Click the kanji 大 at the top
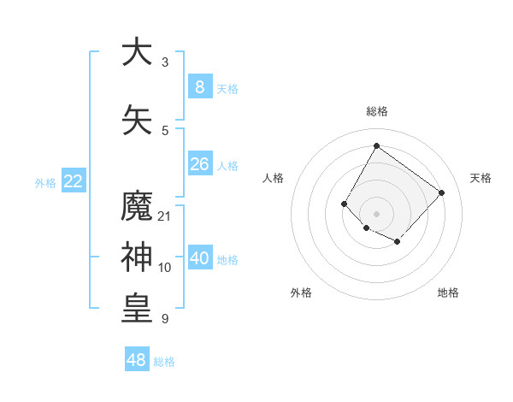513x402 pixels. pos(137,53)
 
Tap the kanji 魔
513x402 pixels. pos(137,208)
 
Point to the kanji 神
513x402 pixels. pos(137,257)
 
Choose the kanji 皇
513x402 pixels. pos(137,310)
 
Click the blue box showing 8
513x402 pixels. pos(200,87)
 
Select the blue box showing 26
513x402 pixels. pos(200,164)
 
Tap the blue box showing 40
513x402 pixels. pos(200,258)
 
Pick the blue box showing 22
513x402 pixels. pos(74,181)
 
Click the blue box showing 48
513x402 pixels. pos(137,360)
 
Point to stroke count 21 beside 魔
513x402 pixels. pos(165,216)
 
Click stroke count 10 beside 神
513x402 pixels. pos(165,267)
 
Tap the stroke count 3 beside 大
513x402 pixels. pos(165,62)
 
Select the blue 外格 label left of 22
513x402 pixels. pos(45,182)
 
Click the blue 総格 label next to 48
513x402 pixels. pos(164,362)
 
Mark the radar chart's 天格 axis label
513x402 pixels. pos(481,178)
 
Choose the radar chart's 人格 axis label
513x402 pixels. pos(274,178)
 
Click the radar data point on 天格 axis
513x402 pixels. pos(441,192)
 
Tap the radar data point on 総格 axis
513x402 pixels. pos(376,146)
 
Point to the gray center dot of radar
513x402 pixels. pos(376,213)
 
